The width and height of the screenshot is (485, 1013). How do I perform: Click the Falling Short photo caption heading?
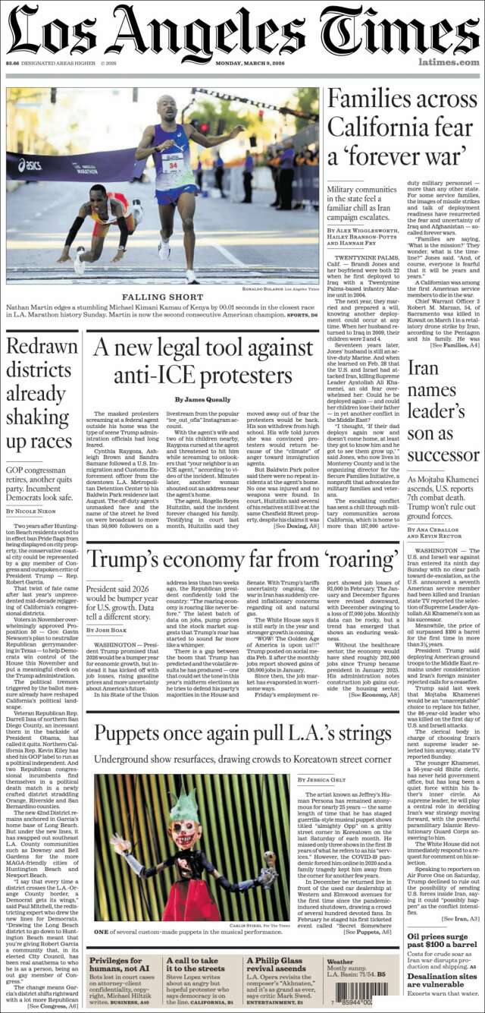(162, 297)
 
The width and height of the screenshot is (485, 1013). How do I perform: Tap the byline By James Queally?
(202, 399)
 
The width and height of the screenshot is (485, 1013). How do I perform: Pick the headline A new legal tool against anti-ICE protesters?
(202, 361)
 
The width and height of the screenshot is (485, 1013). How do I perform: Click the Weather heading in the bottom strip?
(339, 961)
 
